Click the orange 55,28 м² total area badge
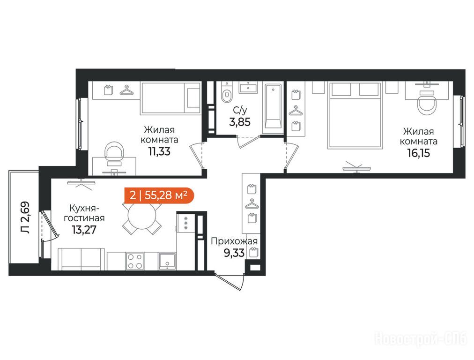click(x=159, y=195)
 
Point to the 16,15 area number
click(x=418, y=153)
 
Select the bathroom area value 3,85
click(x=240, y=122)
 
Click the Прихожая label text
click(x=234, y=241)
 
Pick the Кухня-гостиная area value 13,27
click(x=84, y=230)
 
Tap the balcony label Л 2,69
click(x=25, y=217)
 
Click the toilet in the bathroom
click(x=226, y=92)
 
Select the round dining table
click(x=142, y=216)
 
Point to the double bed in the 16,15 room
click(x=355, y=115)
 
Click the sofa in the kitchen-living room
click(x=81, y=259)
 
